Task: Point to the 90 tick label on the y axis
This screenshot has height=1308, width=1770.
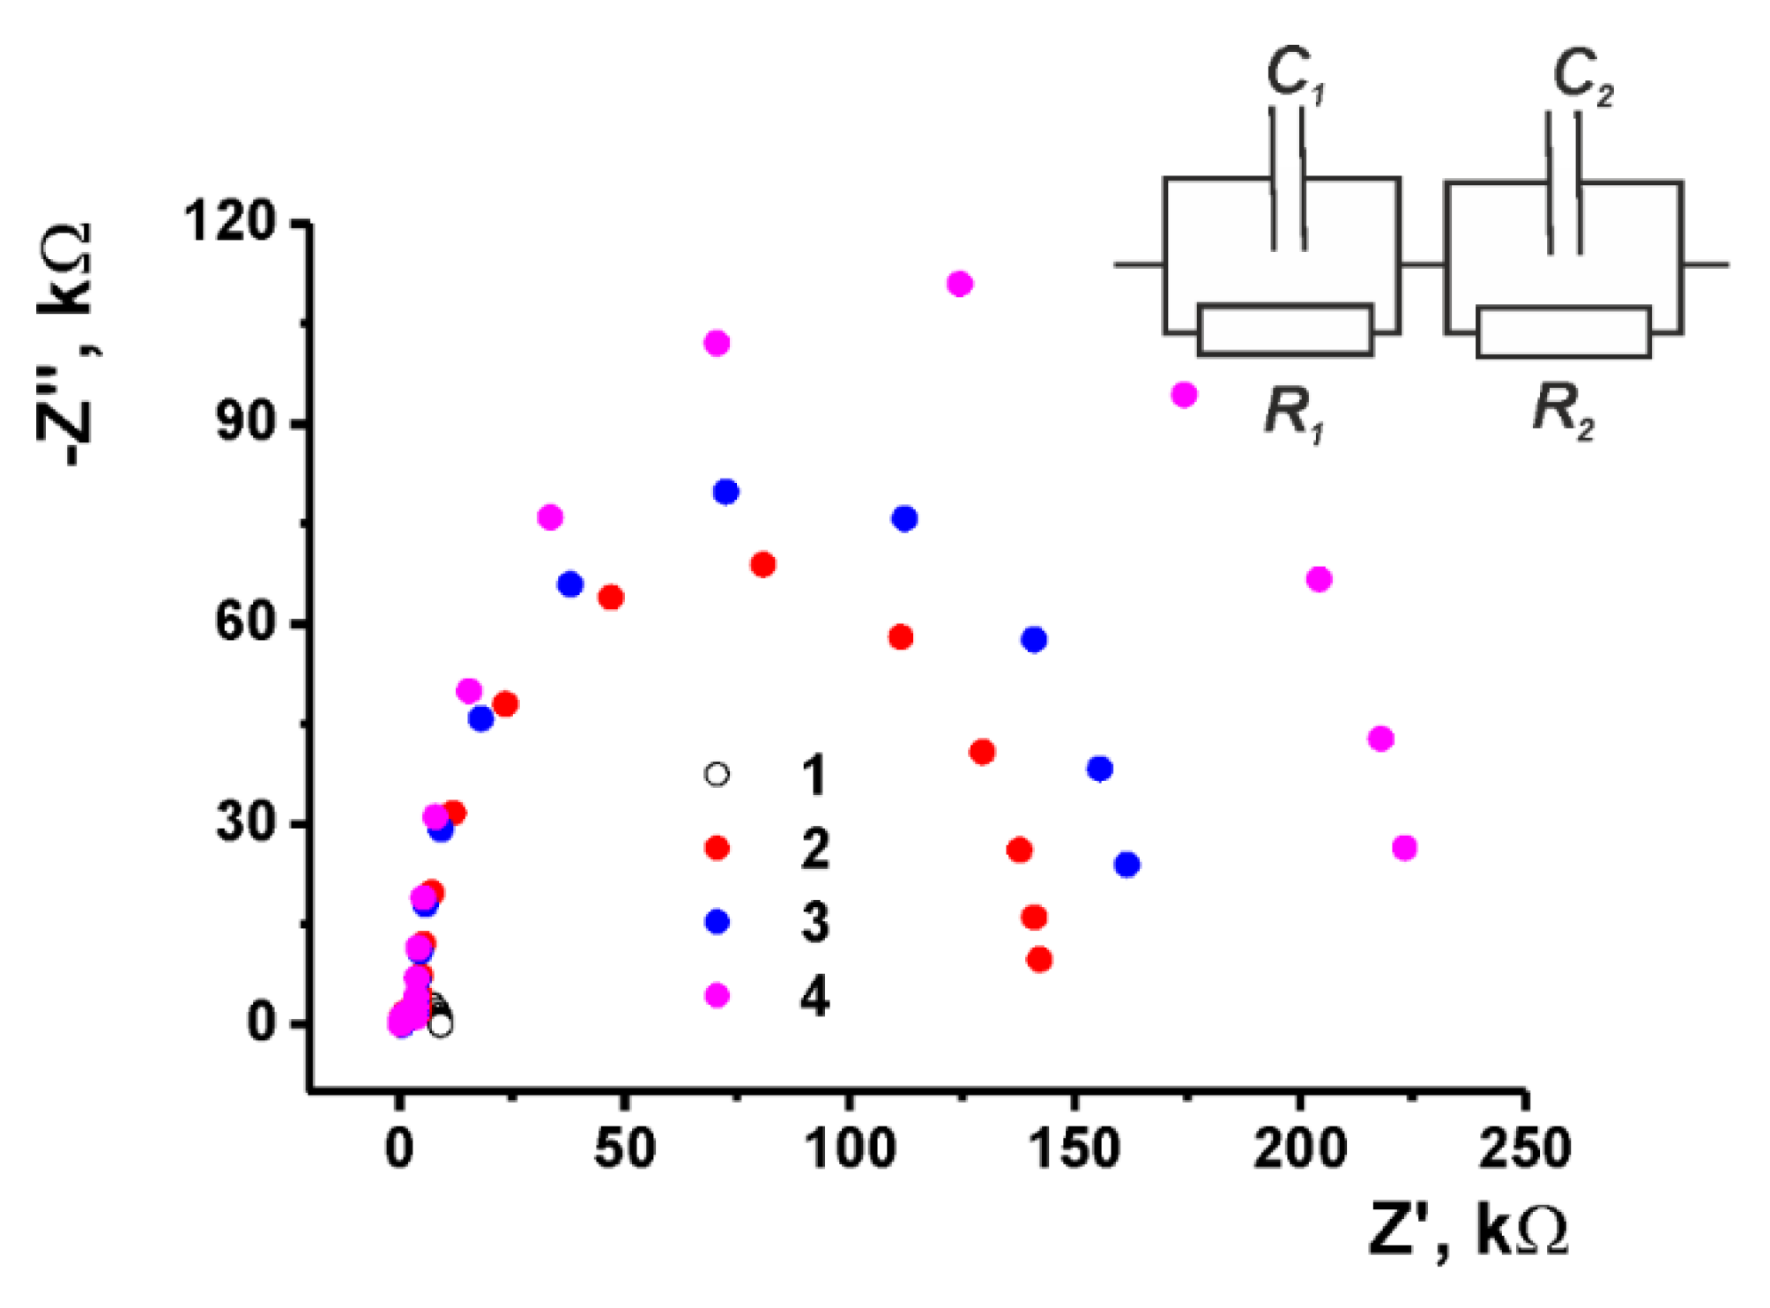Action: point(246,423)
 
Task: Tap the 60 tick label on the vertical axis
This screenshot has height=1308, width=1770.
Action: point(246,622)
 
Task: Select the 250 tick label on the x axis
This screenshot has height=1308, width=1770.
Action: point(1524,1148)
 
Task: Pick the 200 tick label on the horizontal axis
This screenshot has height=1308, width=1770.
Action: point(1299,1148)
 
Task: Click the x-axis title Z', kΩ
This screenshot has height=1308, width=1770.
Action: point(1468,1230)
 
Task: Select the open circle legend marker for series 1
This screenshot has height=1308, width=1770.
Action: point(718,775)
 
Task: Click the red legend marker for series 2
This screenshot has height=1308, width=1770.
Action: point(718,848)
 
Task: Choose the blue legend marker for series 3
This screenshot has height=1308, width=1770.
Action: point(718,922)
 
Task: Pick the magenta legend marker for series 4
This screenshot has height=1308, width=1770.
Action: point(718,995)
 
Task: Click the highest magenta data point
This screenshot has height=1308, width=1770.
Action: point(960,284)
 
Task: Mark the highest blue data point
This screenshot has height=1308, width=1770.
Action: point(726,492)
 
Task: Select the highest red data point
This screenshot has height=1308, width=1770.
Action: point(763,564)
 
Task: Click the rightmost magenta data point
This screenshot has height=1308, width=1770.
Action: point(1405,848)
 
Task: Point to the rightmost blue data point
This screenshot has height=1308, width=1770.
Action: point(1127,865)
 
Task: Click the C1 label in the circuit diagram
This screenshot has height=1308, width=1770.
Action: point(1294,74)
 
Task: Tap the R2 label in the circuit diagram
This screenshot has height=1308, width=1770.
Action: point(1563,410)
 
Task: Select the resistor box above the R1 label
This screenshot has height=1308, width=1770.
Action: point(1285,330)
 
